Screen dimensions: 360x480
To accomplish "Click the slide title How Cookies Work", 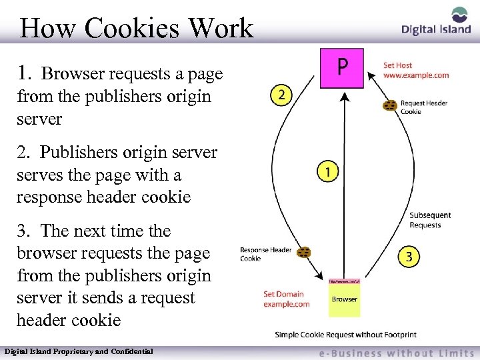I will [137, 28].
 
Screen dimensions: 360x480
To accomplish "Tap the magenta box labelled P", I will [342, 67].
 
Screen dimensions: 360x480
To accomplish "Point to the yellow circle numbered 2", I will [282, 95].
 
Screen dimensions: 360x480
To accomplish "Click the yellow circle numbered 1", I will [327, 171].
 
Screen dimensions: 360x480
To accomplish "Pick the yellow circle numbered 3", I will [409, 256].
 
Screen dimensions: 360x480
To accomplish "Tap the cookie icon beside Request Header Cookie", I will [390, 105].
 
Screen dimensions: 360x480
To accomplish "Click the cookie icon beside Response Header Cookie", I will [304, 253].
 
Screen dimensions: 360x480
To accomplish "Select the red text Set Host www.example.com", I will [415, 71].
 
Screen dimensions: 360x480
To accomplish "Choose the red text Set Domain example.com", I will [286, 299].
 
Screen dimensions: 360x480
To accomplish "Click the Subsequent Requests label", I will [430, 220].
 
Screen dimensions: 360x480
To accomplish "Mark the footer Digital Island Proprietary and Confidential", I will [79, 351].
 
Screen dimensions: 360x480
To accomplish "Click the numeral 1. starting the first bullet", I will [26, 73].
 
